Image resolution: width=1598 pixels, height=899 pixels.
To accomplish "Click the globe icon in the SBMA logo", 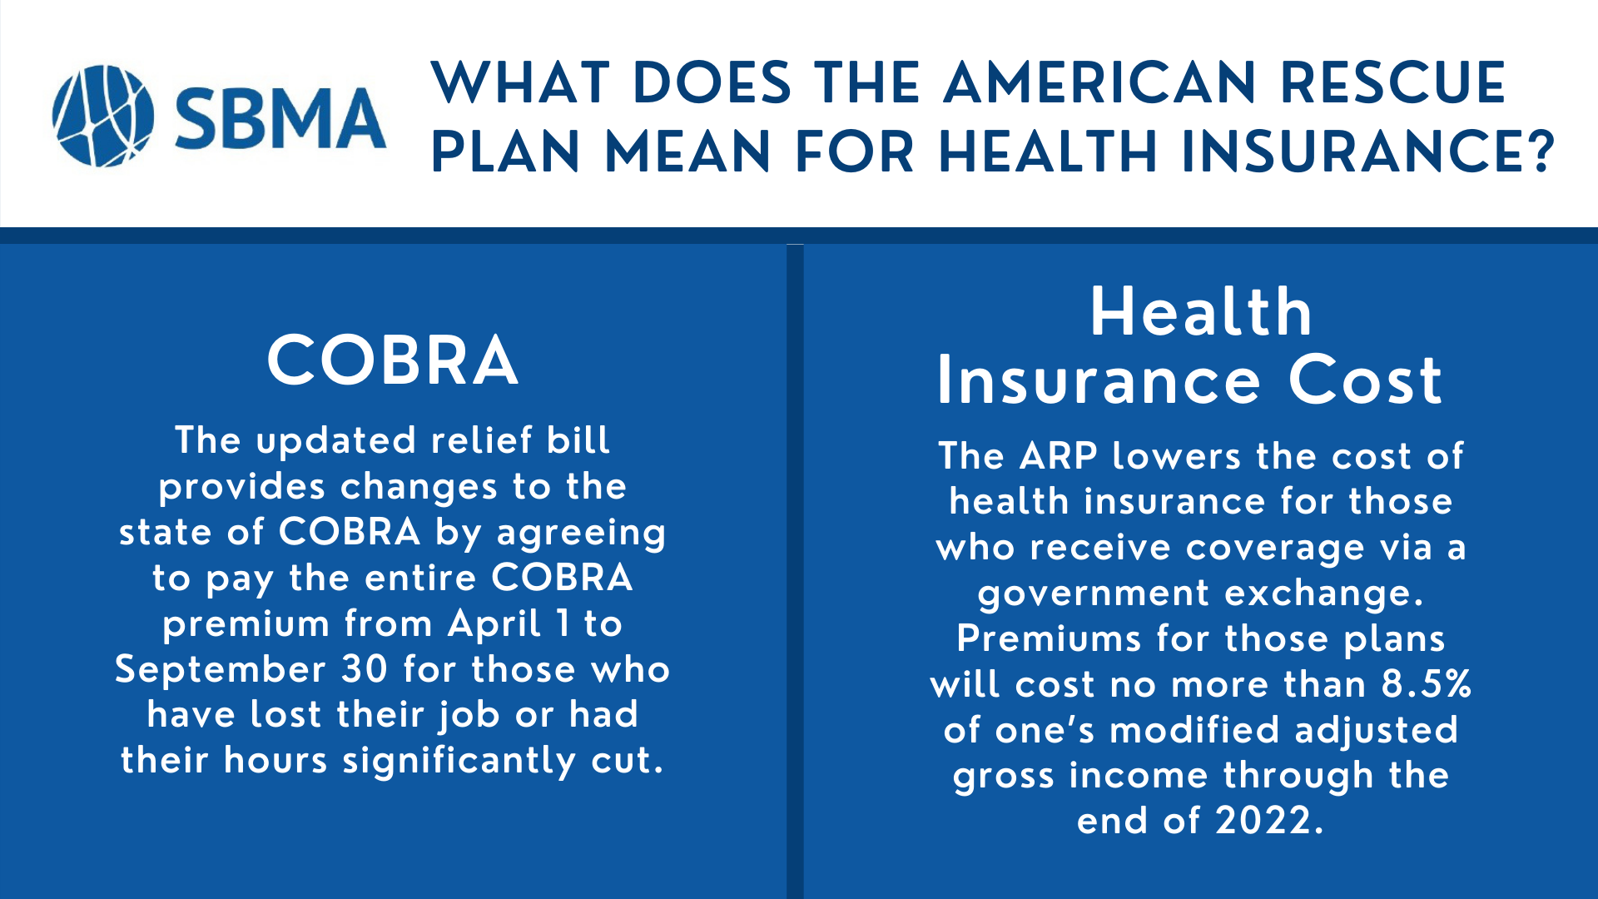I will [x=102, y=116].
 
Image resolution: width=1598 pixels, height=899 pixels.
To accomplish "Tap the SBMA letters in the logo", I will [x=280, y=118].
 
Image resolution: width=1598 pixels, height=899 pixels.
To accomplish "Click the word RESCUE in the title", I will [x=1392, y=84].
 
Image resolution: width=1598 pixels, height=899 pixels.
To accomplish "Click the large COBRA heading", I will [x=393, y=360].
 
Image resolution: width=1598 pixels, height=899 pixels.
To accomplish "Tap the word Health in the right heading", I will [x=1201, y=312].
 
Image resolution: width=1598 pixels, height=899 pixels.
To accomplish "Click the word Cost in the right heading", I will [x=1365, y=380].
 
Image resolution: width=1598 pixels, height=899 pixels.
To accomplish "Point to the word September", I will [x=221, y=670].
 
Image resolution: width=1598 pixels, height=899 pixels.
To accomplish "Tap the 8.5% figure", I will [x=1426, y=684].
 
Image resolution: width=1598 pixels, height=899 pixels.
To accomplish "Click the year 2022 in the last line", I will [x=1263, y=821].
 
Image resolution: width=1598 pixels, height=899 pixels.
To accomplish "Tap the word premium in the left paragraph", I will [x=246, y=624].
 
